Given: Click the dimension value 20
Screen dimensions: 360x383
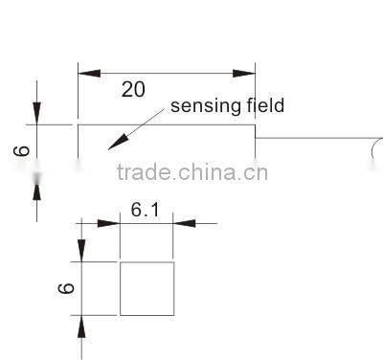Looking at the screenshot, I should click(134, 90).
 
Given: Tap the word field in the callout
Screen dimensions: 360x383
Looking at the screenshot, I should click(261, 105).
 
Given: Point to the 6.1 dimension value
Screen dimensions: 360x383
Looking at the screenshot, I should click(145, 210).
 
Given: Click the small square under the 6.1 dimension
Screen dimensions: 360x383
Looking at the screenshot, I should click(146, 287).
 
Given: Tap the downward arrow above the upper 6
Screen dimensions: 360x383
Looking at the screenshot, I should click(37, 112).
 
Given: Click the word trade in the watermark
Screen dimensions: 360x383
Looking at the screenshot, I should click(138, 173).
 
